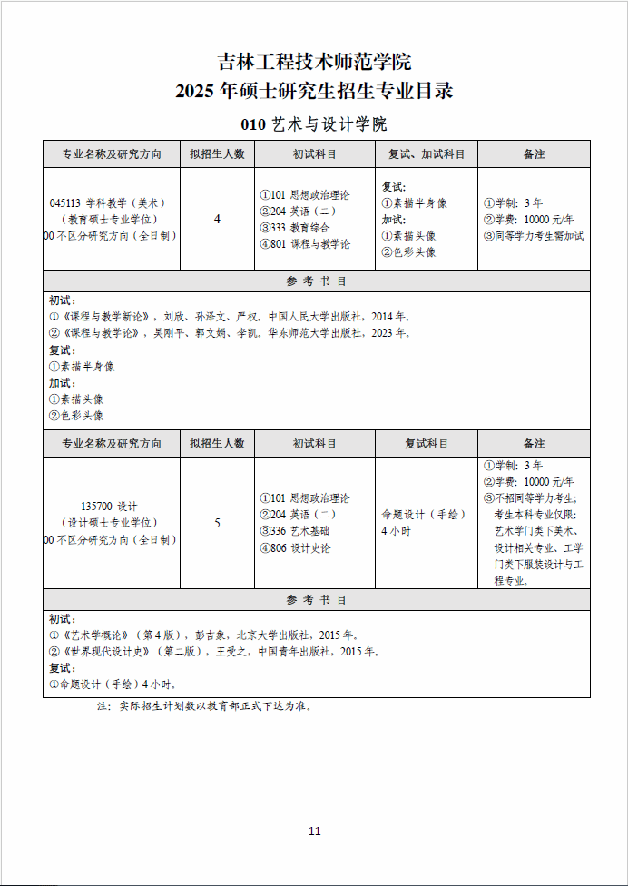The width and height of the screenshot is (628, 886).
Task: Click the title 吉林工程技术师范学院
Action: (314, 62)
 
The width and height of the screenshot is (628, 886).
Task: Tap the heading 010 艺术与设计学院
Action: (314, 124)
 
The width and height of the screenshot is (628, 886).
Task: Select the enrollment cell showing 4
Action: (217, 219)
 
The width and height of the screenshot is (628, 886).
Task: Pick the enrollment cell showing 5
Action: (217, 523)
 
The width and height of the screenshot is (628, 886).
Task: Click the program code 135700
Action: (96, 506)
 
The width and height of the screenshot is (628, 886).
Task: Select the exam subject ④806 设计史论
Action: (295, 547)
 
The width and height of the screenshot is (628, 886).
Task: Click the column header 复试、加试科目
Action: (427, 154)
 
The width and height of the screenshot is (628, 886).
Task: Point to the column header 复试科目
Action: (427, 444)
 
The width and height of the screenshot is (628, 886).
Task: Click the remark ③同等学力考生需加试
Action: (534, 236)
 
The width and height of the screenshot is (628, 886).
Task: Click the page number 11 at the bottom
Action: (314, 831)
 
